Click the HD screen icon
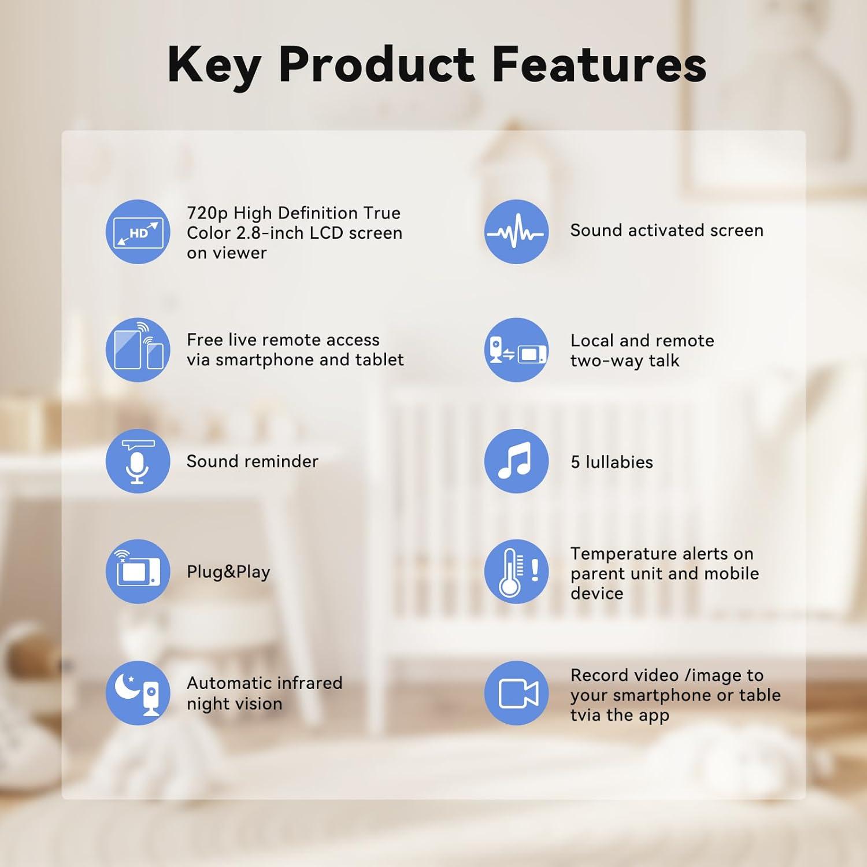coord(138,232)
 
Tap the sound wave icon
coord(516,232)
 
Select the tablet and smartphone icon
coord(138,350)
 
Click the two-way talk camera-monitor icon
coord(516,350)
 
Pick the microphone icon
coord(138,461)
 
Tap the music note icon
coord(516,461)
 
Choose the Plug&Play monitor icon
coord(138,572)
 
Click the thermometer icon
coord(516,572)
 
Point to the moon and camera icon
coord(138,693)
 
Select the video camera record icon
coord(516,693)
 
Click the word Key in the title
coord(213,65)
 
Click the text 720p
coord(208,214)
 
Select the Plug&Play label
coord(228,572)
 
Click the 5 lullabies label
coord(612,462)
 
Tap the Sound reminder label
coord(253,461)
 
